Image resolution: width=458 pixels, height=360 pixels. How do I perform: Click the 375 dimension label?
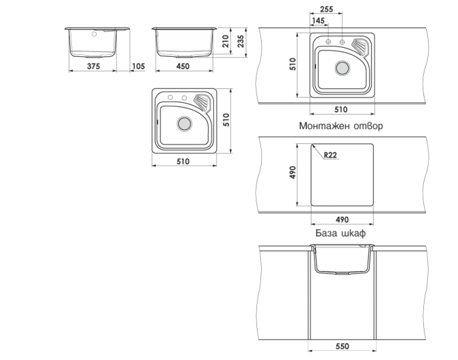(94, 66)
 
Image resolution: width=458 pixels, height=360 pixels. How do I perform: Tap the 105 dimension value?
(139, 66)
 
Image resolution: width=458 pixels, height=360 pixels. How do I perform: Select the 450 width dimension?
(183, 66)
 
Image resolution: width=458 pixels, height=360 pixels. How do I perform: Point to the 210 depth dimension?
(225, 41)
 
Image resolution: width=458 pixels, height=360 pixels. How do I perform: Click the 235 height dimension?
(241, 41)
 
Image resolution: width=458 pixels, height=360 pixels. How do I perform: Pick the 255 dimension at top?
(326, 9)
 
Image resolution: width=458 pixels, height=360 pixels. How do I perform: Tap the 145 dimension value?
(318, 21)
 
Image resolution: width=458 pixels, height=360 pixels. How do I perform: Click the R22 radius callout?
(330, 155)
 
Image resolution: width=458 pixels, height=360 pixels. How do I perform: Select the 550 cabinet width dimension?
(342, 346)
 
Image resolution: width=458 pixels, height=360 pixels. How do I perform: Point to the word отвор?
(368, 126)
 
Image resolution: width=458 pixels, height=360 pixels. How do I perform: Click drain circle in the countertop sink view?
(342, 68)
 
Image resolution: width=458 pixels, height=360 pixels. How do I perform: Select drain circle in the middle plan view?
(185, 124)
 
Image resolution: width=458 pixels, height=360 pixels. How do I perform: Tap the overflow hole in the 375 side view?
(94, 34)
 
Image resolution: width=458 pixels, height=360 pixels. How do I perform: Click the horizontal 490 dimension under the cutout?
(342, 219)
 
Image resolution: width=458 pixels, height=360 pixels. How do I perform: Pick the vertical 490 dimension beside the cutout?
(292, 172)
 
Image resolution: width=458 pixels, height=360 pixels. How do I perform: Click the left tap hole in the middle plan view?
(170, 98)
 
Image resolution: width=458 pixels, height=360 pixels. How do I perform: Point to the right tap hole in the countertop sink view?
(342, 42)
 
